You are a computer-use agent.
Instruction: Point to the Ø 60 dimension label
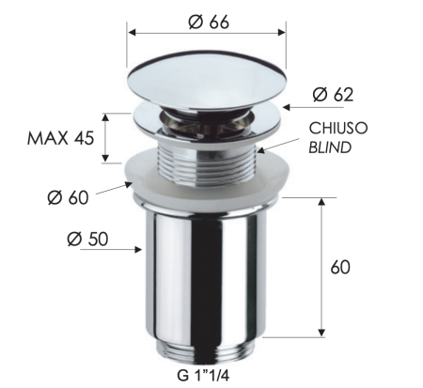pyautogui.click(x=67, y=198)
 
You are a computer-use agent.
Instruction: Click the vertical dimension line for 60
pyautogui.click(x=323, y=268)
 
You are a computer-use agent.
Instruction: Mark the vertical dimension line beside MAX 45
pyautogui.click(x=106, y=137)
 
